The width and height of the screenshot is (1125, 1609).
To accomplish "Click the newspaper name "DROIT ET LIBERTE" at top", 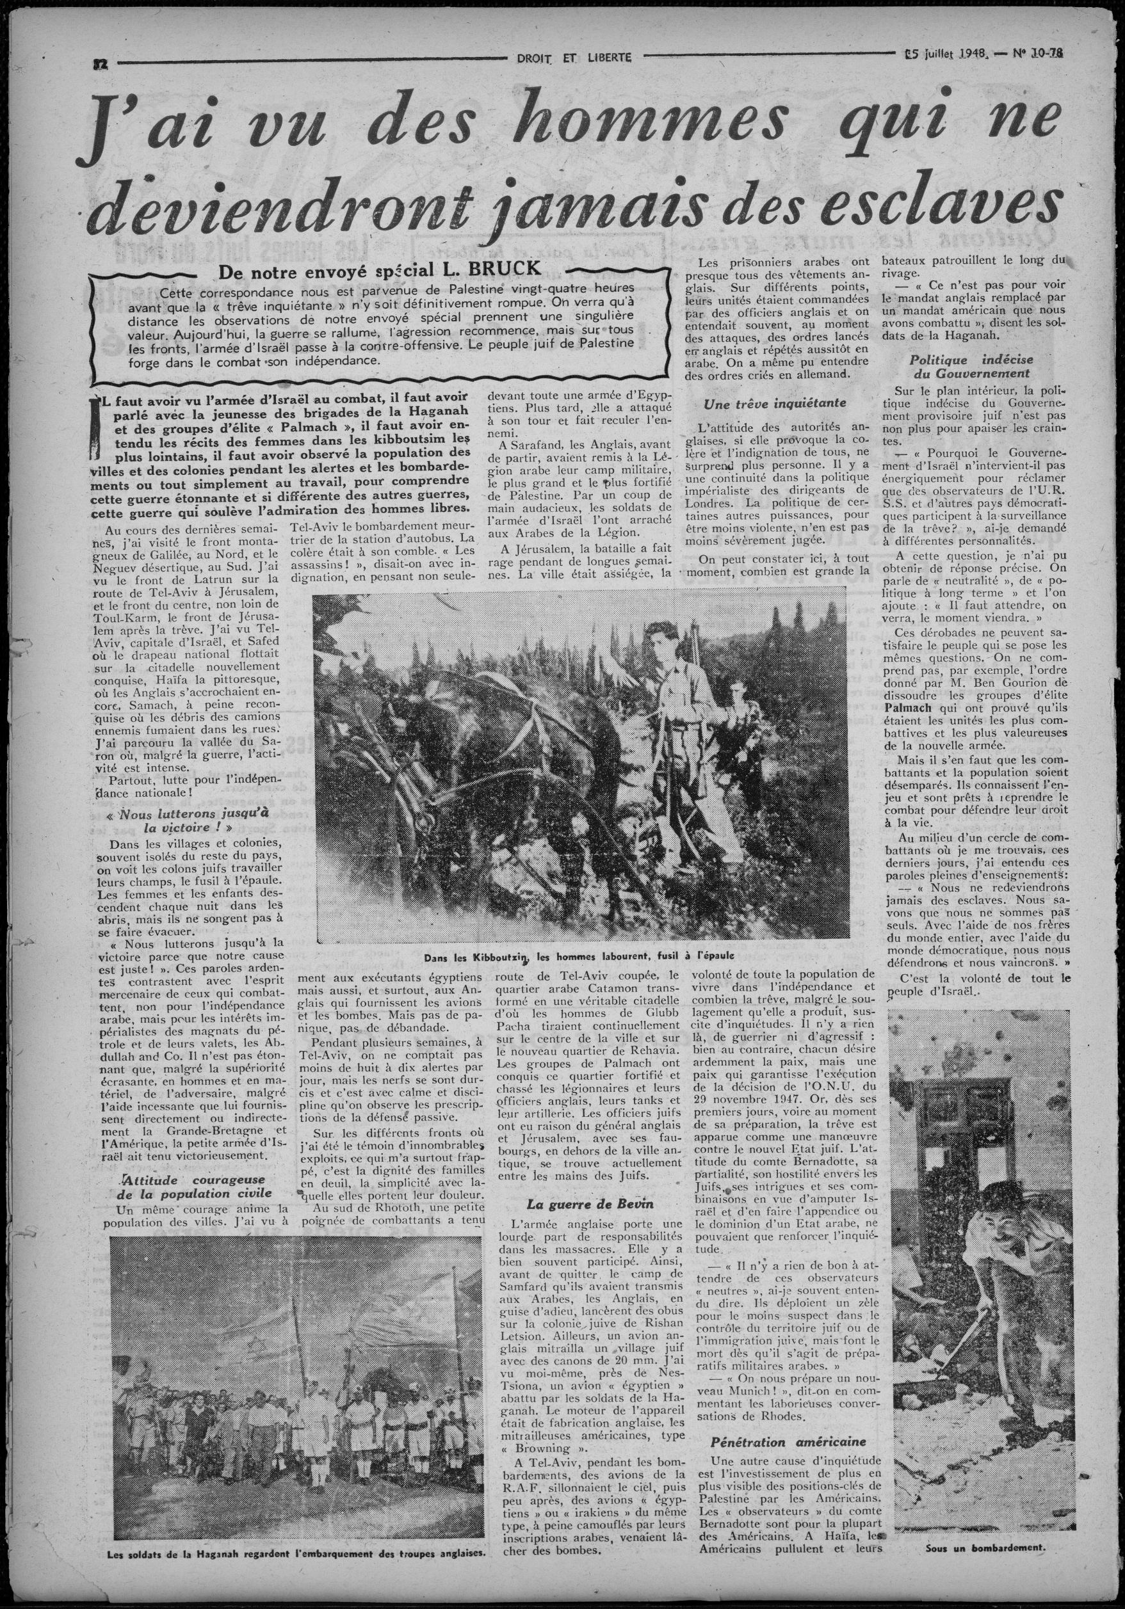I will (x=569, y=58).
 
